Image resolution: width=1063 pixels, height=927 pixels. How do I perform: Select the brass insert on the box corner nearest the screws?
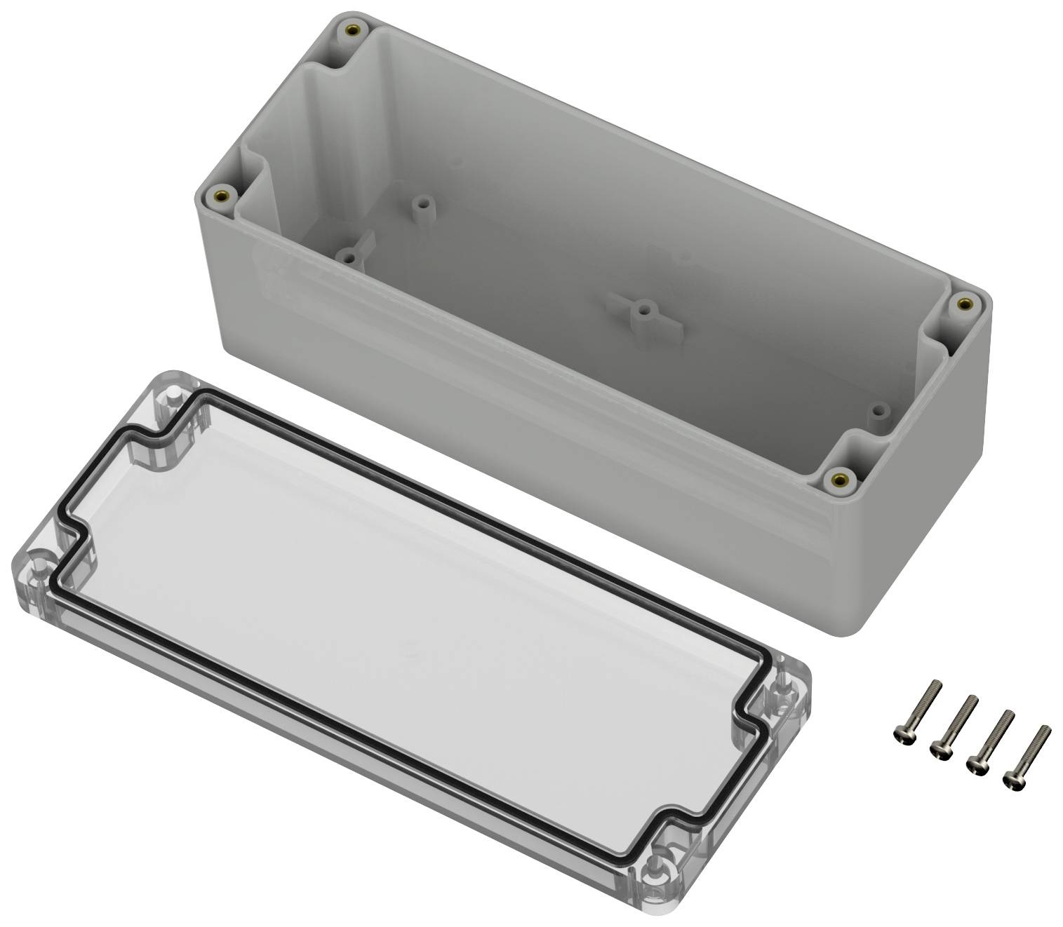tap(838, 479)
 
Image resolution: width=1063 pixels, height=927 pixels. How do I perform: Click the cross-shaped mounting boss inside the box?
tap(641, 310)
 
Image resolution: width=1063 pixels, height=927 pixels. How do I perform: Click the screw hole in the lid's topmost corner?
tap(170, 399)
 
